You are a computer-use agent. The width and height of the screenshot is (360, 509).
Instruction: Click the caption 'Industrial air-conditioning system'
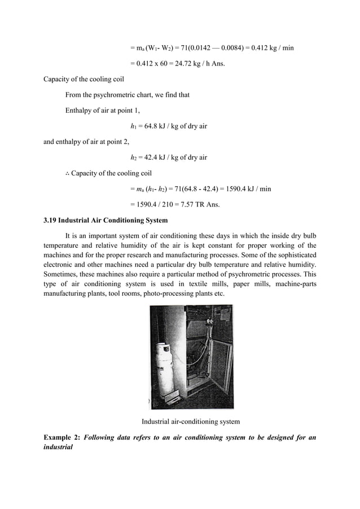190,422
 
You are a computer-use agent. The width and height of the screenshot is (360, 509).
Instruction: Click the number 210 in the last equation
170,204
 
